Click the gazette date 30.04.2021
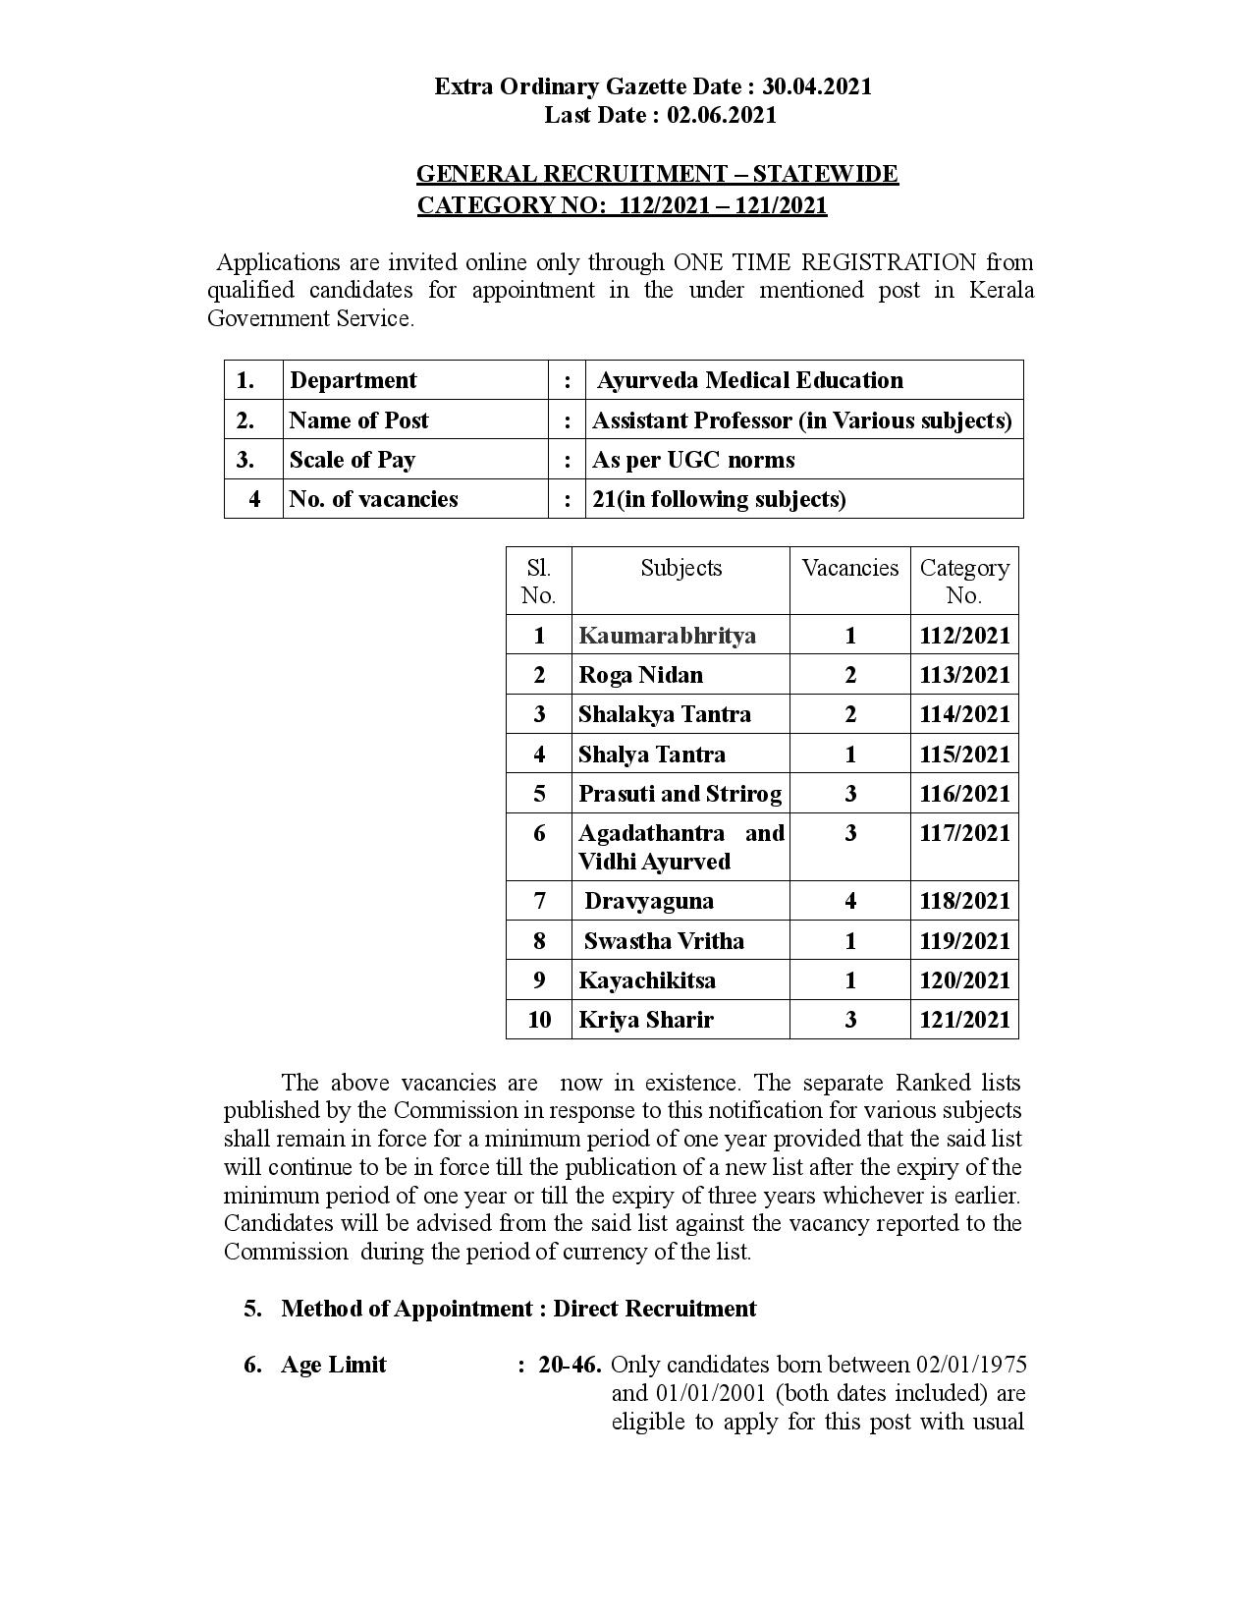coord(817,86)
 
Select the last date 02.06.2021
coord(722,115)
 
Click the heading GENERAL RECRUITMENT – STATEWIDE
coord(657,174)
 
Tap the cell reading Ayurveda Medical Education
coord(749,380)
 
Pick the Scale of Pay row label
coord(353,460)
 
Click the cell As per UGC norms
coord(693,460)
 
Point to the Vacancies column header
coord(849,568)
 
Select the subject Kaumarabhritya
coord(667,636)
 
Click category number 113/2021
coord(964,675)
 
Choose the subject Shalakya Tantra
coord(664,714)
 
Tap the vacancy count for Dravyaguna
coord(850,901)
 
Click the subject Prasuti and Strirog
coord(680,794)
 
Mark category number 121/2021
coord(964,1020)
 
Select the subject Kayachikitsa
coord(647,980)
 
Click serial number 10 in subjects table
coord(539,1020)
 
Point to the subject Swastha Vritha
coord(664,941)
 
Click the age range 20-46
coord(570,1365)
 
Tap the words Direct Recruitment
coord(655,1309)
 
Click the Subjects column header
coord(680,568)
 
